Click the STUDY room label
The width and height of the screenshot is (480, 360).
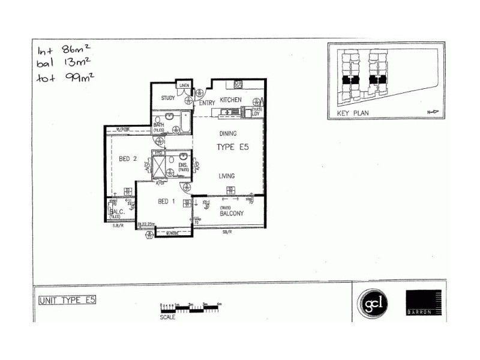167,99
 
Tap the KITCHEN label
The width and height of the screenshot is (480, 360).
230,100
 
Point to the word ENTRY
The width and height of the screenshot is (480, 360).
207,103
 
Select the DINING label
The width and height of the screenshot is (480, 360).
229,134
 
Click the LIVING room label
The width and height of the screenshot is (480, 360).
226,176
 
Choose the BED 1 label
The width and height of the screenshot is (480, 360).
166,202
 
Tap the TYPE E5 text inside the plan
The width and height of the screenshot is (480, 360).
232,146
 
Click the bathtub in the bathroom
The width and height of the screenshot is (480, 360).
185,122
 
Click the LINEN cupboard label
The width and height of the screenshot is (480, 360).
184,86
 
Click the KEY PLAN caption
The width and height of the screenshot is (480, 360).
353,113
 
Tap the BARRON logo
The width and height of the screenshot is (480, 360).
424,303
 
